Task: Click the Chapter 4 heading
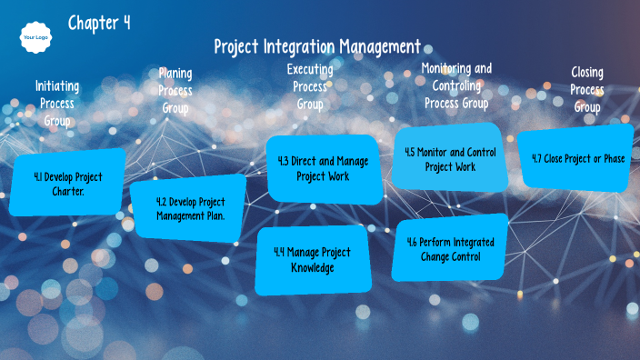point(99,23)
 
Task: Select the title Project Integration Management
point(317,46)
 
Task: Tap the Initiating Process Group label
point(57,103)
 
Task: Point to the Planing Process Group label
point(175,90)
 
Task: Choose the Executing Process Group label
point(310,86)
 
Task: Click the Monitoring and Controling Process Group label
point(456,85)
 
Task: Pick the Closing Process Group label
point(587,89)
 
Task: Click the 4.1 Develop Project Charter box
point(68,182)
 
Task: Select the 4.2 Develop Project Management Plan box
point(189,208)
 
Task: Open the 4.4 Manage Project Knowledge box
point(312,259)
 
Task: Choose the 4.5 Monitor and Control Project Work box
point(450,159)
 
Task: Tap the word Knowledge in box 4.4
point(313,267)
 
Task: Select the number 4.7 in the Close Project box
point(536,158)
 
